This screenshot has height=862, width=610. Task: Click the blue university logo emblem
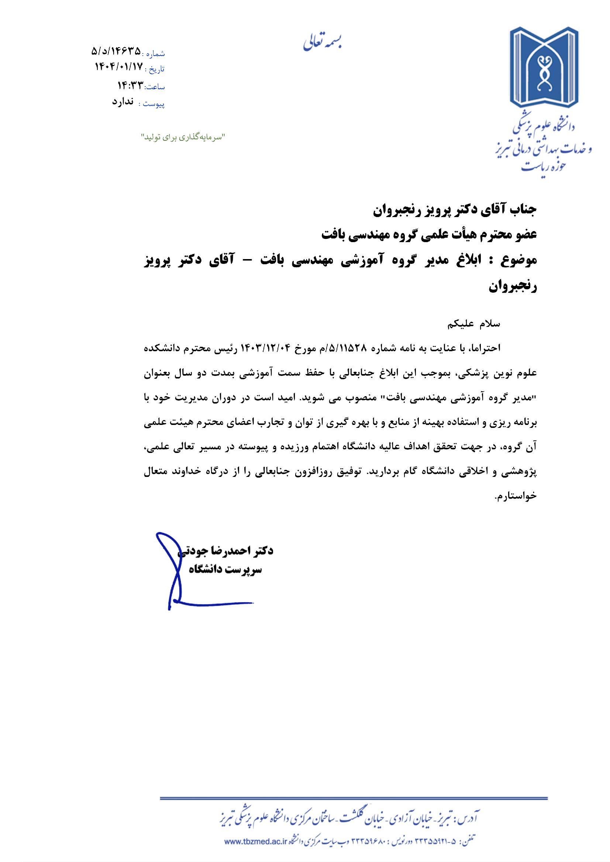pyautogui.click(x=544, y=69)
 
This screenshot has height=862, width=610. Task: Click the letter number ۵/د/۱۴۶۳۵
pyautogui.click(x=117, y=51)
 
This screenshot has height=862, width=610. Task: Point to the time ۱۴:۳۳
pyautogui.click(x=131, y=85)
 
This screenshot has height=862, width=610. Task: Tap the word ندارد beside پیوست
pyautogui.click(x=123, y=102)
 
